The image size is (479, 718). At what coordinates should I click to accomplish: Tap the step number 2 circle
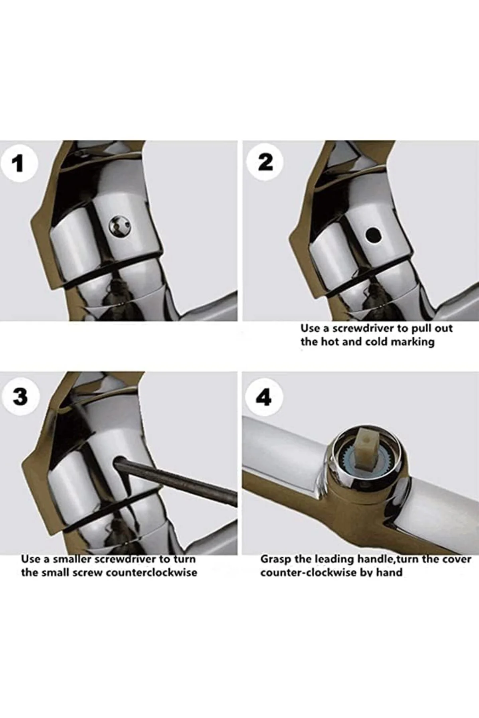pos(265,162)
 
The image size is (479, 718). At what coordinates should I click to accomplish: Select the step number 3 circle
pos(20,396)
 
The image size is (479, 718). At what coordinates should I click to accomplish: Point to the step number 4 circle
pos(264,397)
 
